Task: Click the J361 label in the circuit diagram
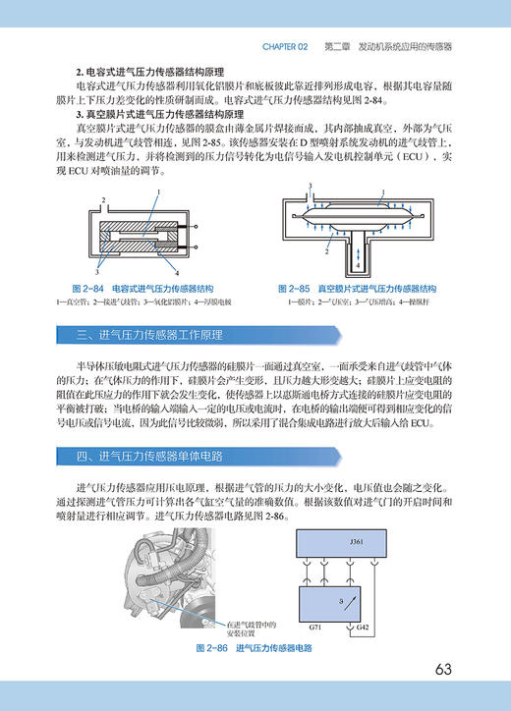(356, 542)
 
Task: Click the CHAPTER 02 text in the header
(285, 46)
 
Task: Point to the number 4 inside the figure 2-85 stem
(357, 264)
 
